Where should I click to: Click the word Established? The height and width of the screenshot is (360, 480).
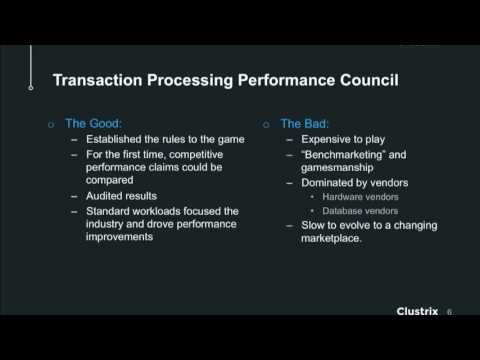(115, 140)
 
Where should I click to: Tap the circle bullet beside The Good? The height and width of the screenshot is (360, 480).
(53, 125)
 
